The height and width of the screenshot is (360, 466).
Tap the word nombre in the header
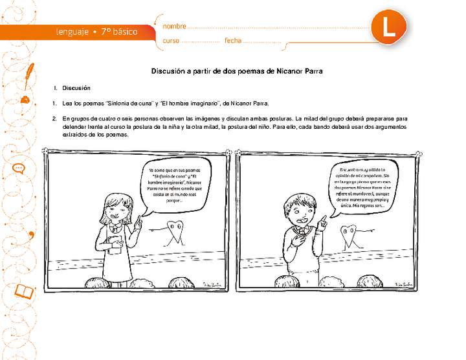(x=174, y=27)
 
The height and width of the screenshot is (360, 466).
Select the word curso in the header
(x=171, y=41)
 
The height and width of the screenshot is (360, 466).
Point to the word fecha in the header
(x=233, y=41)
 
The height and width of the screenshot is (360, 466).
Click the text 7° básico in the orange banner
(x=120, y=31)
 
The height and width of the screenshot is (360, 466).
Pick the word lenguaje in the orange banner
(x=72, y=31)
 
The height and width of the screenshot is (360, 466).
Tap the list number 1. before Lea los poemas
(x=54, y=103)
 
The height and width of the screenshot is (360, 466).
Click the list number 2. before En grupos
(x=54, y=119)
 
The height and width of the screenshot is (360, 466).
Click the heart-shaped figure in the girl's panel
(x=173, y=232)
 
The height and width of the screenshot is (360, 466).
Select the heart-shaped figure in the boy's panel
(x=349, y=234)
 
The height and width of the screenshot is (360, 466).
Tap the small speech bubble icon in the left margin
(x=19, y=168)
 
